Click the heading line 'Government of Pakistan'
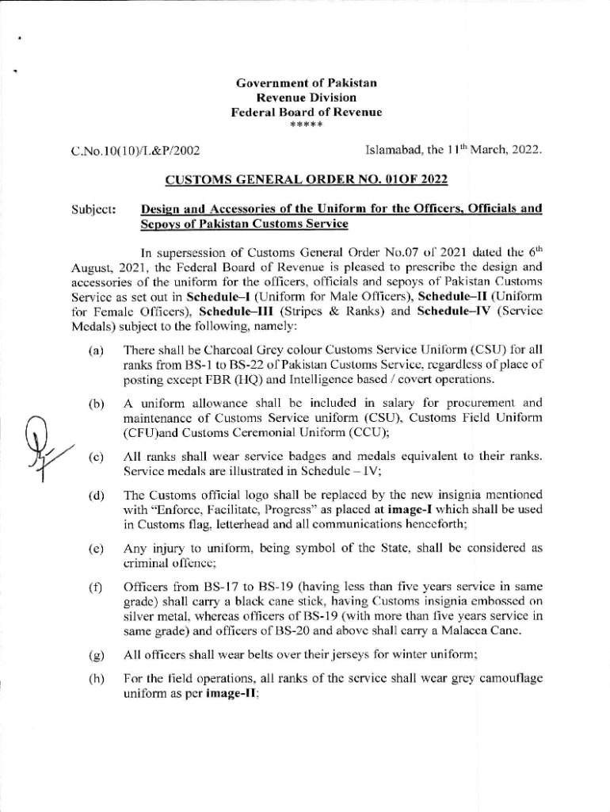pos(305,83)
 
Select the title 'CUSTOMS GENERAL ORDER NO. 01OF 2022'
pos(305,180)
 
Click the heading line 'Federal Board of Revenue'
pos(305,113)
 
